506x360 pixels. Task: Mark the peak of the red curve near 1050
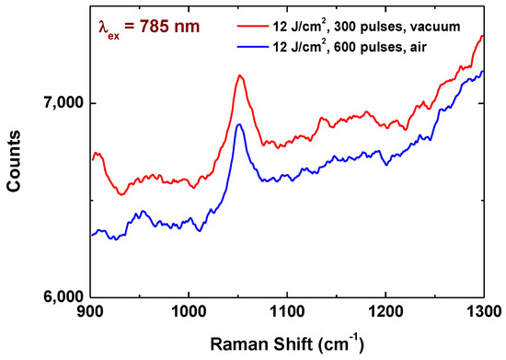[239, 75]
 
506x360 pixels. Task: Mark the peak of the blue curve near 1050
[238, 123]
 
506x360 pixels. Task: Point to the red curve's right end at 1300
[483, 36]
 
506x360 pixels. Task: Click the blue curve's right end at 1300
[483, 71]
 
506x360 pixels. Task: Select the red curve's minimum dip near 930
[121, 194]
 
